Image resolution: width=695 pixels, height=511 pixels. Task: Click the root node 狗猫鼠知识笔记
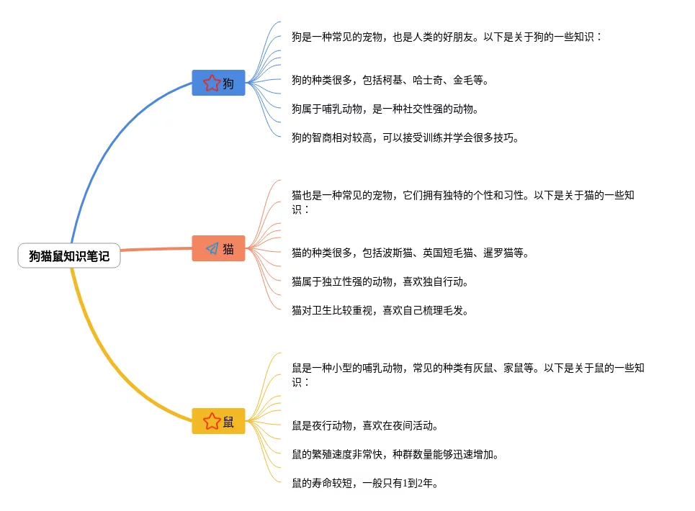pyautogui.click(x=69, y=256)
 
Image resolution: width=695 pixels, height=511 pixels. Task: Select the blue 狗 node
pyautogui.click(x=218, y=83)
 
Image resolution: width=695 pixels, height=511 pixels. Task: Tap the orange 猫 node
pyautogui.click(x=218, y=248)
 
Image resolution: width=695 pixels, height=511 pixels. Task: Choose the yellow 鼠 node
pyautogui.click(x=218, y=421)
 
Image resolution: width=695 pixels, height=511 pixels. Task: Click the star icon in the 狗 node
pyautogui.click(x=211, y=83)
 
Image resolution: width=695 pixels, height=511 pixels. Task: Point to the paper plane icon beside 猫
pyautogui.click(x=212, y=248)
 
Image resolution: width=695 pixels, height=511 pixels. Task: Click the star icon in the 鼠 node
pyautogui.click(x=211, y=421)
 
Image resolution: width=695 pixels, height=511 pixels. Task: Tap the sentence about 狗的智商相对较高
pyautogui.click(x=405, y=137)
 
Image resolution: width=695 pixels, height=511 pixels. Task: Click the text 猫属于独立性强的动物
pyautogui.click(x=380, y=281)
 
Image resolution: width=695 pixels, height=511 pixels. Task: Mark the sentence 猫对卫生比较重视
pyautogui.click(x=380, y=310)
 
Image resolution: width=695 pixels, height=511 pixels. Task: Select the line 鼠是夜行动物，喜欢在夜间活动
pyautogui.click(x=364, y=425)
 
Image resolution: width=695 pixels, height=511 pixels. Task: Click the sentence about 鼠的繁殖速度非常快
pyautogui.click(x=395, y=454)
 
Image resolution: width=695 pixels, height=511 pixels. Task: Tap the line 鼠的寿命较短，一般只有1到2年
pyautogui.click(x=365, y=483)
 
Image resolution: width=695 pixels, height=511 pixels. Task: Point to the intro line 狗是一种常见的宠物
pyautogui.click(x=447, y=36)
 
